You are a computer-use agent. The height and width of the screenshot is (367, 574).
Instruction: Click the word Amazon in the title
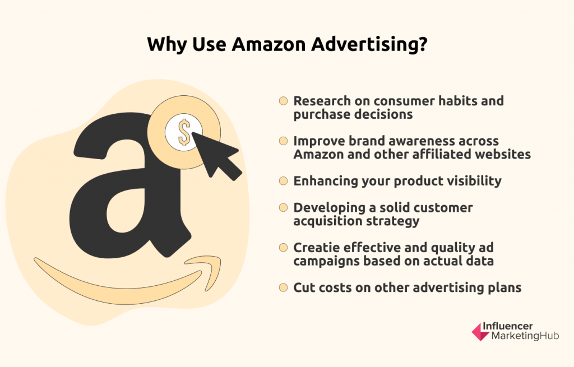(269, 44)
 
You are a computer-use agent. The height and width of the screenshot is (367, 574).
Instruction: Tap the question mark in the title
(423, 44)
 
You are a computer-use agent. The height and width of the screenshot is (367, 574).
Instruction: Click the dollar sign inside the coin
(184, 132)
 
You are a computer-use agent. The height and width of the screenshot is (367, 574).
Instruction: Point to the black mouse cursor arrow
(216, 156)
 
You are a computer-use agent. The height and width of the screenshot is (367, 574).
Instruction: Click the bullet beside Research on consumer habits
(283, 101)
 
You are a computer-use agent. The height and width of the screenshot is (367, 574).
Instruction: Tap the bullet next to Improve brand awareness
(283, 141)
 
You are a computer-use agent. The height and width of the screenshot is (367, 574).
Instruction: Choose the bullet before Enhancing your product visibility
(283, 181)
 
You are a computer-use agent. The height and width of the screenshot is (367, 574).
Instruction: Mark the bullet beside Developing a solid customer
(283, 207)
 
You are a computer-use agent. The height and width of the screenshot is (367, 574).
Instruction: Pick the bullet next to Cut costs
(283, 287)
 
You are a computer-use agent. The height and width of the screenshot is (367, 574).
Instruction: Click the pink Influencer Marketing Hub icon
(480, 332)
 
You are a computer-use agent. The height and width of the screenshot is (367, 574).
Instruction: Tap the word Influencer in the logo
(507, 326)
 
